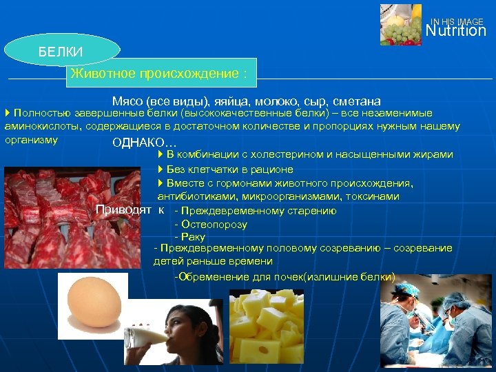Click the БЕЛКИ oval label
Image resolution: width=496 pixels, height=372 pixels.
coord(61,52)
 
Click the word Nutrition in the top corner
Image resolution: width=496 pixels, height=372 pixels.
coord(455,31)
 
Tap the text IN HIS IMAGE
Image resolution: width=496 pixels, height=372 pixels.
coord(457,21)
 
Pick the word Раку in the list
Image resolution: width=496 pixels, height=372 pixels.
coord(193,237)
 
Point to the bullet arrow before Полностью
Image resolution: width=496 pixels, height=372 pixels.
coord(7,113)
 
